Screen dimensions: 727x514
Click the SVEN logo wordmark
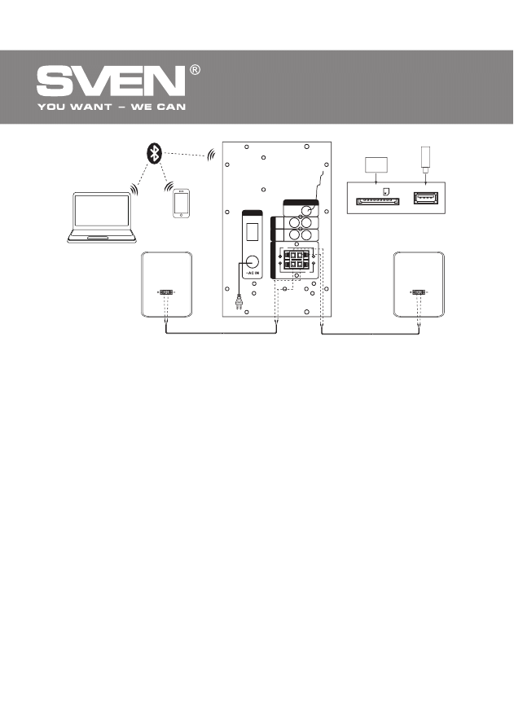click(x=111, y=82)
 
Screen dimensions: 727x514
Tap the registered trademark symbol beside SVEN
click(x=195, y=71)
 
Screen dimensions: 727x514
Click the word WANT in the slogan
click(x=96, y=107)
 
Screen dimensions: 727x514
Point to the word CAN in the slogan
click(x=169, y=107)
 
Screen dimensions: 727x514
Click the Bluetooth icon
click(x=152, y=152)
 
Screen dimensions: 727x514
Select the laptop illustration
click(x=102, y=218)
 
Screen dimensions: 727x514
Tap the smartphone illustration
click(x=181, y=204)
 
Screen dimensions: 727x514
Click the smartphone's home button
click(x=181, y=215)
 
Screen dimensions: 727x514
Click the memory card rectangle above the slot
click(x=376, y=165)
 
